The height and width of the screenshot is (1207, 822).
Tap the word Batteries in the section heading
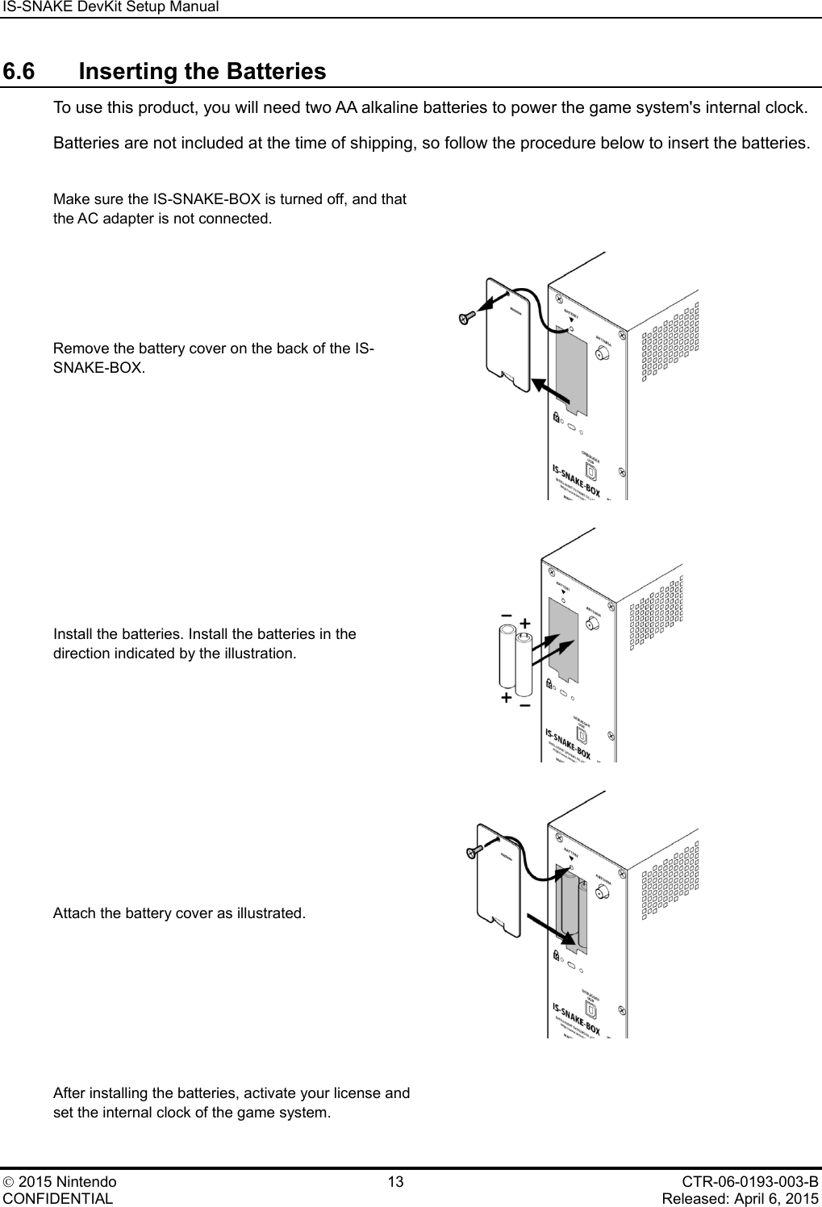coord(276,72)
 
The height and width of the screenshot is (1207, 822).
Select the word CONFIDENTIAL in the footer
coord(57,1198)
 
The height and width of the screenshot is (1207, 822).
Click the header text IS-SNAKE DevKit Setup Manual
coord(110,7)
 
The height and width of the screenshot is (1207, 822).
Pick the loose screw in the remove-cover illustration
coord(465,318)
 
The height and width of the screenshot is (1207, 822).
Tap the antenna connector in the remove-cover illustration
coord(602,353)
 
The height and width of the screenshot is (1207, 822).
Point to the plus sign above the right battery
coord(524,623)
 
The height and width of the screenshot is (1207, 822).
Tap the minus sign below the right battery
coord(525,706)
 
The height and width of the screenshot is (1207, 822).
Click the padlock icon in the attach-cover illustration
coord(557,955)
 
